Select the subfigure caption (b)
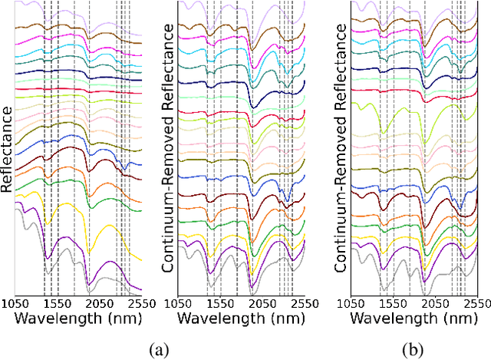coord(415,350)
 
